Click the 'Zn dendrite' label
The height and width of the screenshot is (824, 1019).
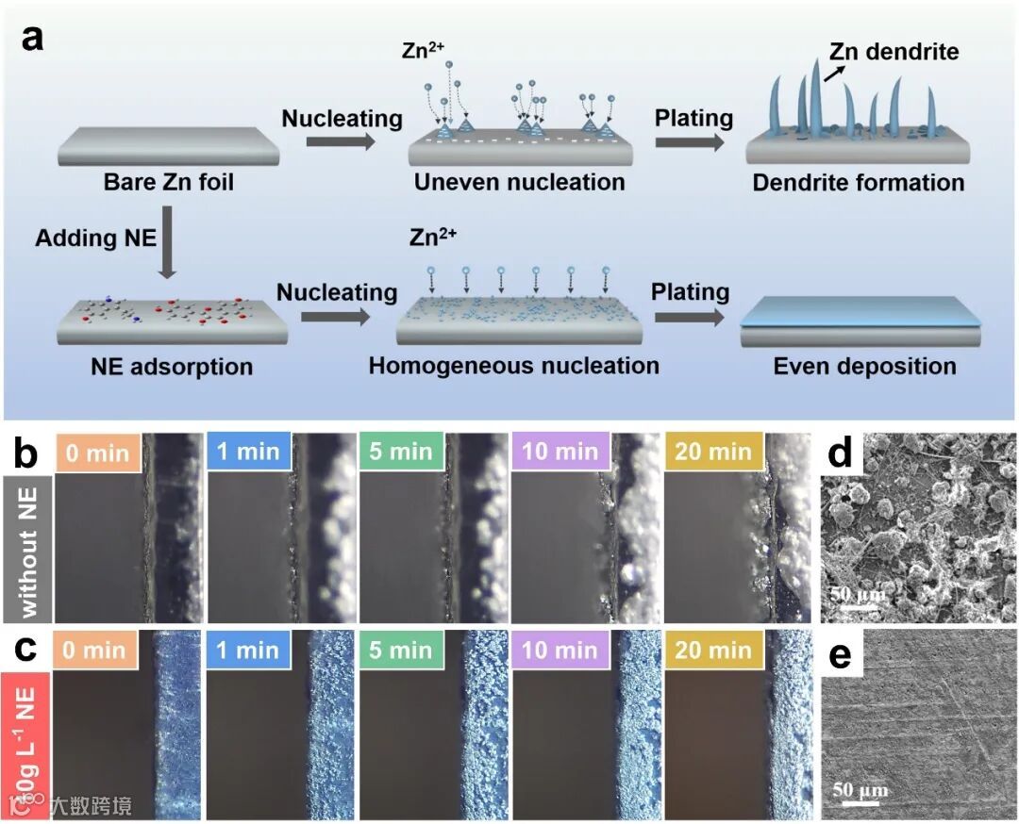tap(894, 52)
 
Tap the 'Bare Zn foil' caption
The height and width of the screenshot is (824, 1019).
tap(169, 182)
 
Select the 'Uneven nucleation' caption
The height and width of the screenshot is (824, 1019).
tap(519, 182)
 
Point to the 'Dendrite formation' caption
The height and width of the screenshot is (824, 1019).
tap(858, 182)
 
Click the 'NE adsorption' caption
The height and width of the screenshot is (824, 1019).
tap(172, 366)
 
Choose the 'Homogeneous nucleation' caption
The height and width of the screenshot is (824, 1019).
tap(513, 365)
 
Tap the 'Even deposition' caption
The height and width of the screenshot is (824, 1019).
tap(864, 366)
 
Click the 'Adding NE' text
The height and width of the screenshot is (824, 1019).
tap(96, 237)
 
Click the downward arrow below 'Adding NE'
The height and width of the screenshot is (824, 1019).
tap(166, 252)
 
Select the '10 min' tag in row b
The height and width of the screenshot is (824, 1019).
tap(560, 453)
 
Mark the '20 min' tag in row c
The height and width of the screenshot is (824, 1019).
tap(713, 651)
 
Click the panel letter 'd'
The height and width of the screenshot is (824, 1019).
tap(838, 454)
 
